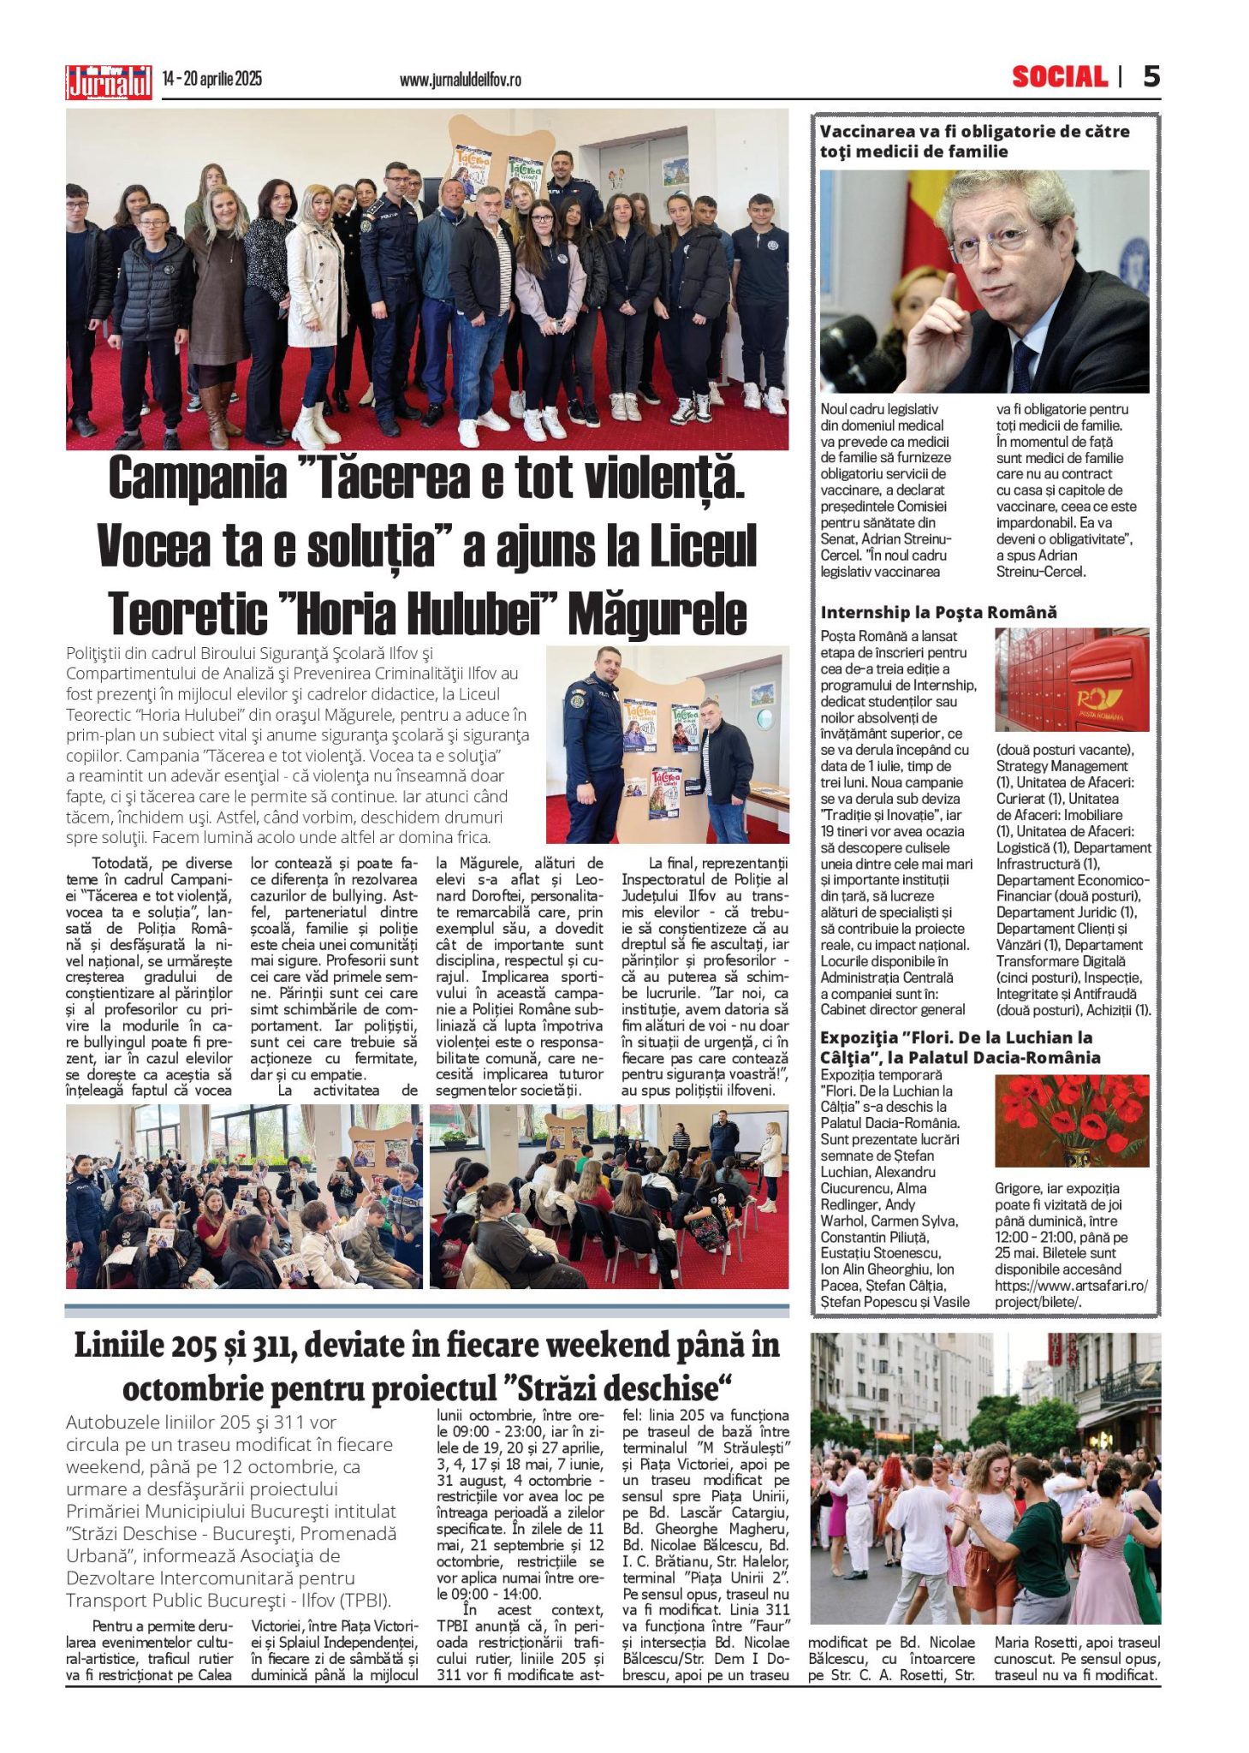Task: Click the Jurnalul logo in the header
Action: [109, 82]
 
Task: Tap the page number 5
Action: [1151, 77]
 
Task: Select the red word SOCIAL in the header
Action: [1059, 78]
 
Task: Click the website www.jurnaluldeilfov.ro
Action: [460, 80]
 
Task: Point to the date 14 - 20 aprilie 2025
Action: [212, 80]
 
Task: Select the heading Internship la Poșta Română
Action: [938, 612]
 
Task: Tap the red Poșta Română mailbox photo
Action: [1072, 680]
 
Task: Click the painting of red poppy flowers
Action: [1071, 1120]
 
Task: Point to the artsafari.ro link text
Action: [1070, 1286]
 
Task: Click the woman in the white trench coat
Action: [315, 300]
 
